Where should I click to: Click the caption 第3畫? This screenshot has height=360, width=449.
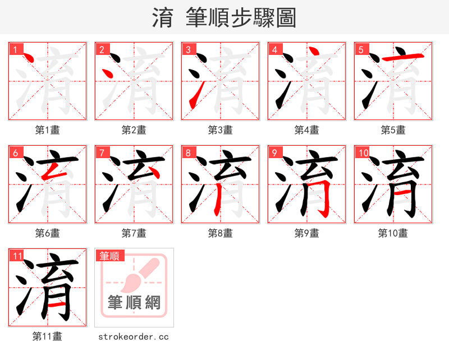[220, 130]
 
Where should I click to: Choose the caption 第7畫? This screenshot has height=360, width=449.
[134, 233]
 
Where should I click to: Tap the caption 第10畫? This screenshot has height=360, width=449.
[393, 233]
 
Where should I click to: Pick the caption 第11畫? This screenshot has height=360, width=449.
[47, 336]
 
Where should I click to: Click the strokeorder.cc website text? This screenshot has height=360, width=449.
[134, 337]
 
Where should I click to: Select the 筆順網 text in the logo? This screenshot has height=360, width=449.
[134, 303]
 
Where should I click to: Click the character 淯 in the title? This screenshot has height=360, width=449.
[163, 18]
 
